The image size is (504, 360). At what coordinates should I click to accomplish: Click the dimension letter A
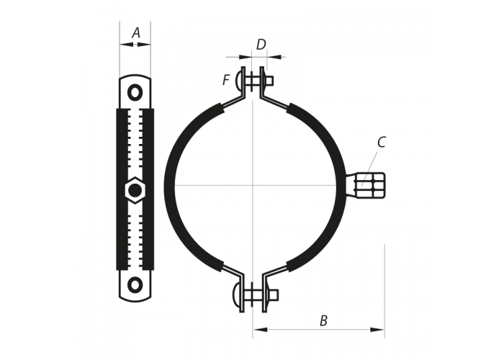click(136, 33)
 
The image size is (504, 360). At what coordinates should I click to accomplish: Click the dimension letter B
click(324, 320)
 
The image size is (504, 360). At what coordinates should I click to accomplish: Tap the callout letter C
click(381, 142)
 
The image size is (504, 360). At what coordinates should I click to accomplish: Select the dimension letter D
click(261, 45)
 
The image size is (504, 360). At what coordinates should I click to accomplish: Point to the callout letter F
click(226, 80)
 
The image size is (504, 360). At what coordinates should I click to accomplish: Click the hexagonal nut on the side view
click(135, 190)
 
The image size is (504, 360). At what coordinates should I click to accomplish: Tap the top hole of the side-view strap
click(135, 93)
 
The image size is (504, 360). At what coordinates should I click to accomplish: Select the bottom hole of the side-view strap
click(135, 284)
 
